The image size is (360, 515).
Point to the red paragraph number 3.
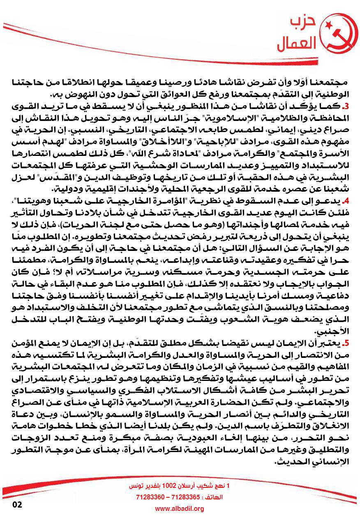coord(346,107)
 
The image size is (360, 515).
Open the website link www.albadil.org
coord(180,509)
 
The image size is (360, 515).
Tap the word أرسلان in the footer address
coord(192,486)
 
